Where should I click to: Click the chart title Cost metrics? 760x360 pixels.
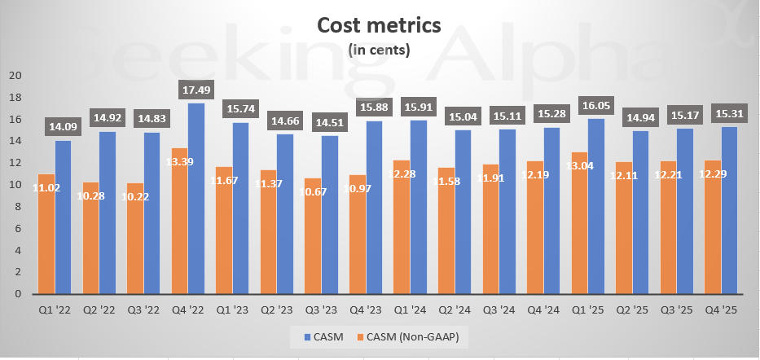pos(379,25)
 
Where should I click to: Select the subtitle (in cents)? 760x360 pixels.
pos(379,50)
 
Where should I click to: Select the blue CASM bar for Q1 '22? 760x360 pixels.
pos(64,217)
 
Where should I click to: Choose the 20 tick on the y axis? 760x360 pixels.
pos(15,76)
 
